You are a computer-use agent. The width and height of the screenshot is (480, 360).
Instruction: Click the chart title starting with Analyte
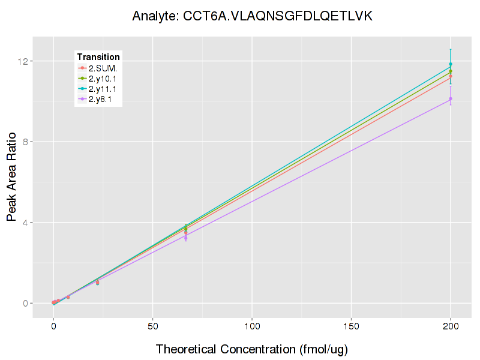click(x=253, y=16)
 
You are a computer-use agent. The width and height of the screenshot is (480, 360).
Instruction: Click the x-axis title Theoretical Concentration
click(x=252, y=349)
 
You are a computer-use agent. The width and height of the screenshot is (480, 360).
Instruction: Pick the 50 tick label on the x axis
click(x=152, y=326)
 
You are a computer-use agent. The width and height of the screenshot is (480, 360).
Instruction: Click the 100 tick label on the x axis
click(x=252, y=326)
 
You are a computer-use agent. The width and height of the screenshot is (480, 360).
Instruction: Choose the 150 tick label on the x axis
click(x=351, y=326)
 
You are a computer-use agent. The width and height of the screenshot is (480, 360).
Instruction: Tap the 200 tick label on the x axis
click(x=451, y=326)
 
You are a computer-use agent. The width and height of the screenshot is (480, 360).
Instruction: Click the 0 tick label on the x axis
click(x=53, y=326)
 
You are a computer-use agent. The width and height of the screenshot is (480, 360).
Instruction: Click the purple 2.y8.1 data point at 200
click(x=451, y=98)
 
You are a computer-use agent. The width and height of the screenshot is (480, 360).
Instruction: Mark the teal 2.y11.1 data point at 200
click(x=451, y=64)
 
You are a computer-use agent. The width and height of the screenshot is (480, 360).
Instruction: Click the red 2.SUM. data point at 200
click(x=451, y=76)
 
